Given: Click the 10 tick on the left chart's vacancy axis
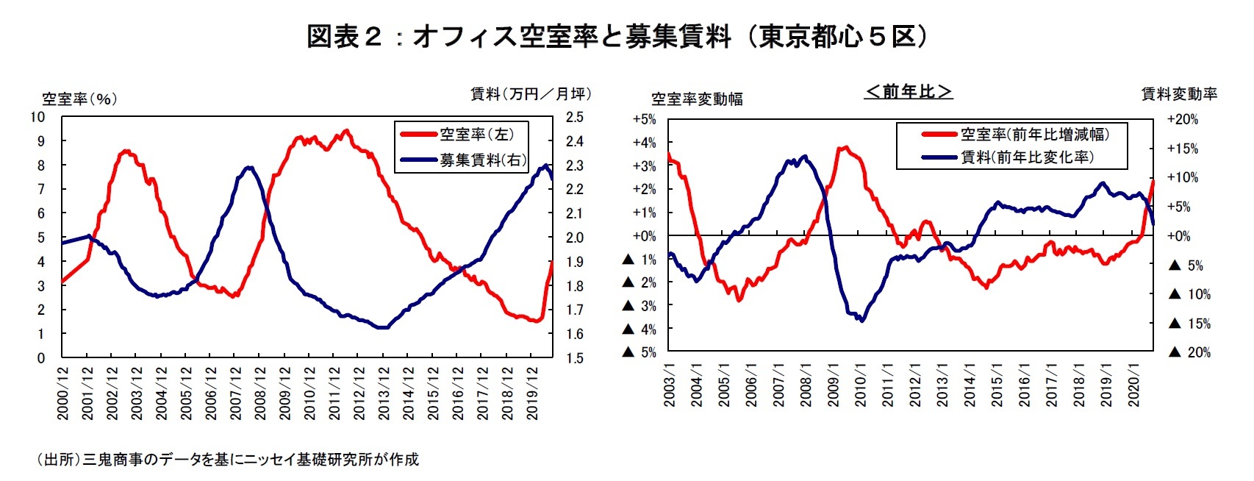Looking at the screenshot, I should click(x=37, y=118).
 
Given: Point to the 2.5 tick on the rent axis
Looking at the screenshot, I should click(x=574, y=118).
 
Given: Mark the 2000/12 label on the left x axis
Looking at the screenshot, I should click(x=63, y=393).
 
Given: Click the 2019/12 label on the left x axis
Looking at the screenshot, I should click(x=532, y=393).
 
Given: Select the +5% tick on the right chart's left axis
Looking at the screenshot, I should click(x=644, y=119).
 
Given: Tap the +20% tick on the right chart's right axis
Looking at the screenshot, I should click(x=1183, y=119).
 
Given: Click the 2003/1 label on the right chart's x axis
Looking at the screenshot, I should click(x=670, y=385).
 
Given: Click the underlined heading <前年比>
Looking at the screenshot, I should click(x=909, y=91).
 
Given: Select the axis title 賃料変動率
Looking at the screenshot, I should click(x=1178, y=94).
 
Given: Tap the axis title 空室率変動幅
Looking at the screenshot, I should click(x=696, y=99).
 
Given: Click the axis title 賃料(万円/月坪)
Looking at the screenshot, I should click(x=530, y=94).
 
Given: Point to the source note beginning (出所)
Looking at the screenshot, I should click(x=228, y=460).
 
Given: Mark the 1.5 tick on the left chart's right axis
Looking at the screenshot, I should click(x=574, y=358).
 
